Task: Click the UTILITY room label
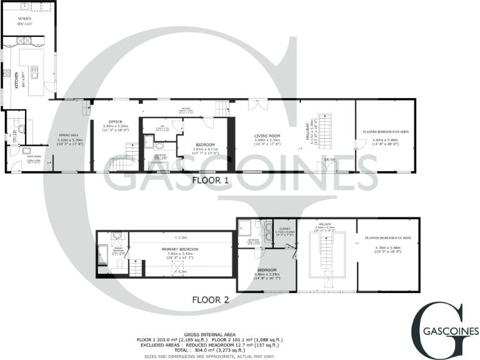pyautogui.click(x=25, y=19)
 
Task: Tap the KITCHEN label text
pyautogui.click(x=16, y=81)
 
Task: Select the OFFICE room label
pyautogui.click(x=115, y=122)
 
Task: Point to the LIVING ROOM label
pyautogui.click(x=266, y=136)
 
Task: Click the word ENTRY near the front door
pyautogui.click(x=330, y=160)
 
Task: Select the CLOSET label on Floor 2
pyautogui.click(x=284, y=229)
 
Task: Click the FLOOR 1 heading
pyautogui.click(x=210, y=180)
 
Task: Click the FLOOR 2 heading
pyautogui.click(x=210, y=300)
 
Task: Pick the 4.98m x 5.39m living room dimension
pyautogui.click(x=266, y=140)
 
